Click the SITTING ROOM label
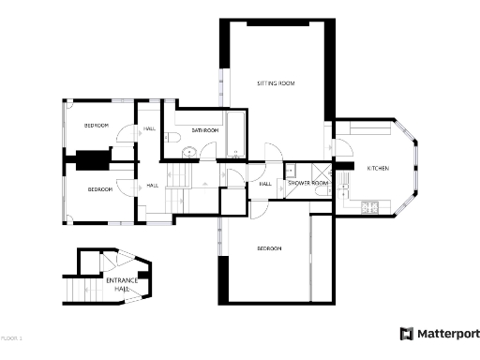276,83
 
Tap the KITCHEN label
378,168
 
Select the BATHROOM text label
205,130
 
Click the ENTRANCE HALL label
122,285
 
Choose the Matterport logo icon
406,334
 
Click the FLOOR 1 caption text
11,336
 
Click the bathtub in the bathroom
234,133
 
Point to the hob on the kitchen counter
368,207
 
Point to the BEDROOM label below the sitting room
271,248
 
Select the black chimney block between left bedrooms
90,161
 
